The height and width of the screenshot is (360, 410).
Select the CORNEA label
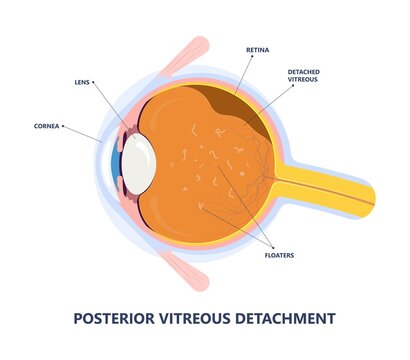(46, 126)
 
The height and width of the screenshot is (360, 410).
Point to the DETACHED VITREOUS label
(304, 76)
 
